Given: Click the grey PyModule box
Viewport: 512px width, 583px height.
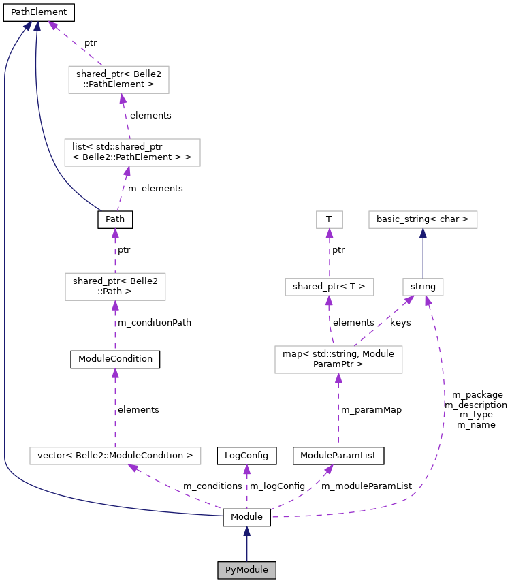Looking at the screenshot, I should pos(246,570).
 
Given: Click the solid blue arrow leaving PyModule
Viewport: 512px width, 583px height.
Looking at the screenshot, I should pos(246,545).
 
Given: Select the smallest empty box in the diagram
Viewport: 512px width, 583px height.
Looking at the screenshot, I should pos(330,219).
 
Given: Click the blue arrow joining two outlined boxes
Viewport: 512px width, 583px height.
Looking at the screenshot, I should pos(423,253).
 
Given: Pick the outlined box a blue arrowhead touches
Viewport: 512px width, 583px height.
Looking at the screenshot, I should pos(423,219).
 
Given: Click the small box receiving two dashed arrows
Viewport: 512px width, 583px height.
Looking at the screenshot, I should pos(423,287).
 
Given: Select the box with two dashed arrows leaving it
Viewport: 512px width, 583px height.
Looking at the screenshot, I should pos(338,360).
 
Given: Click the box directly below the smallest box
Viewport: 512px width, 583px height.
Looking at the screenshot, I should pos(330,287).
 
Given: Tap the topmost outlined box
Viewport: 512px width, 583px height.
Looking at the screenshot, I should pos(118,80).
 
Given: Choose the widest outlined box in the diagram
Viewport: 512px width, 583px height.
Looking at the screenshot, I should pos(115,456).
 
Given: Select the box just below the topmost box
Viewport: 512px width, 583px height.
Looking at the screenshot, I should pos(132,153).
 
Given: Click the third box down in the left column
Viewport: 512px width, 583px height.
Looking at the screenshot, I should pos(115,287).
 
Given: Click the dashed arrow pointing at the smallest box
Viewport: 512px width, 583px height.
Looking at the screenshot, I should pos(330,253).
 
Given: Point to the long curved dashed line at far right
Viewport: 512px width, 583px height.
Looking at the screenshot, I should pos(443,409).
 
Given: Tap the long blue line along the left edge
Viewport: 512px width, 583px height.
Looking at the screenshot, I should pos(5,272).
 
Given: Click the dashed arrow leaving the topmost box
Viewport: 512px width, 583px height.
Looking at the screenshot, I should pos(75,44).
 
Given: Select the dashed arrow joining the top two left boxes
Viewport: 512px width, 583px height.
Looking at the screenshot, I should pos(125,116).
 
